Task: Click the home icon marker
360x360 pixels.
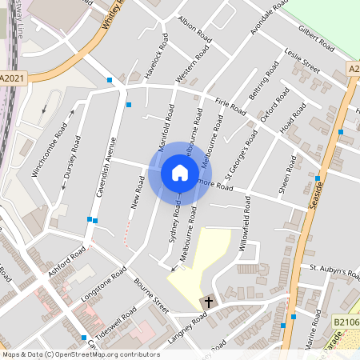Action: pyautogui.click(x=180, y=173)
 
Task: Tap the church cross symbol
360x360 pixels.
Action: pyautogui.click(x=209, y=302)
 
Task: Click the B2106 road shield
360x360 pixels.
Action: pyautogui.click(x=345, y=321)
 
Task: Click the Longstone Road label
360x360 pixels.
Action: pyautogui.click(x=103, y=286)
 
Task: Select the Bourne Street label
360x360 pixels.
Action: pyautogui.click(x=151, y=297)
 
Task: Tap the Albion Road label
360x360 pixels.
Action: pyautogui.click(x=195, y=31)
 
